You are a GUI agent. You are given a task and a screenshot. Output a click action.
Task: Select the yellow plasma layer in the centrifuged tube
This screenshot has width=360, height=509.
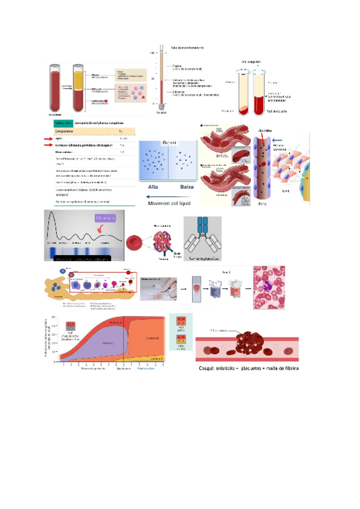point(79,79)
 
